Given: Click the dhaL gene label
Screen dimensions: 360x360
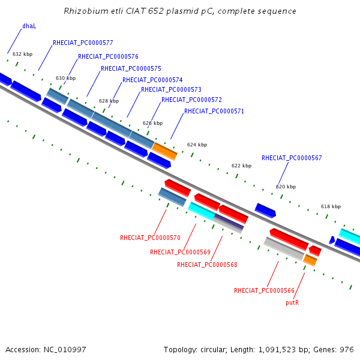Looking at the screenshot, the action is tap(29, 26).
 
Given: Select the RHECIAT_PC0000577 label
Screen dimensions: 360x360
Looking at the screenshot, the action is tap(83, 43).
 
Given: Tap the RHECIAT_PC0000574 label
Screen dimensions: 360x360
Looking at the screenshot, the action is tap(152, 80).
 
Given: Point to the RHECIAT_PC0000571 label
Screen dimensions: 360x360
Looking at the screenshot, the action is tap(214, 111).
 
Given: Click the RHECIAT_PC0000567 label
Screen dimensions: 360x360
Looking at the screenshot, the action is tap(292, 158).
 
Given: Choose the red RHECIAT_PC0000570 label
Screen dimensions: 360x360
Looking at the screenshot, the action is tap(150, 238).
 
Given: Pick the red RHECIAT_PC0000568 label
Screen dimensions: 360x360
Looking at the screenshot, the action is tap(207, 265).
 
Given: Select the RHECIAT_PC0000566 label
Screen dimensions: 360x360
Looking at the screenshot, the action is tap(264, 290).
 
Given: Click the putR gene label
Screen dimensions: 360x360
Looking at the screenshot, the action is tap(292, 302).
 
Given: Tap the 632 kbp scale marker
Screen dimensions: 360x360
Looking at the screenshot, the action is tap(23, 54).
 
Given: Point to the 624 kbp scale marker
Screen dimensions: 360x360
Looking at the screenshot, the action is tap(197, 145).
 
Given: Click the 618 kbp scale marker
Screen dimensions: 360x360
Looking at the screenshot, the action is tap(331, 206).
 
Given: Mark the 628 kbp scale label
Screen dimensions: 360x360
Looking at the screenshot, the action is tap(109, 101).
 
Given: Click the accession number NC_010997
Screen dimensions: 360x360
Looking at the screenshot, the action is tap(65, 350).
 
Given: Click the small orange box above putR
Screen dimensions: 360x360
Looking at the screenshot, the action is tap(310, 260).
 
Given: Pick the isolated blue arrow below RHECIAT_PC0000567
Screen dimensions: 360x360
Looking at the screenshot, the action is tap(265, 211).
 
